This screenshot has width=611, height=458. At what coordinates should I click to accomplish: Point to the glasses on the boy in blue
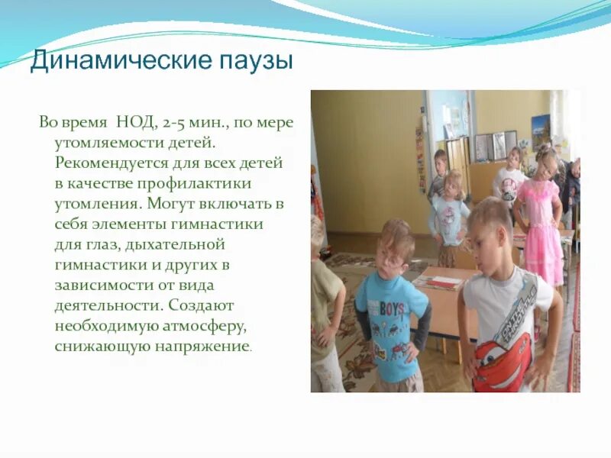(393, 259)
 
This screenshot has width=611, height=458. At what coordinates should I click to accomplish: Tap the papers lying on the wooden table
(439, 282)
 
